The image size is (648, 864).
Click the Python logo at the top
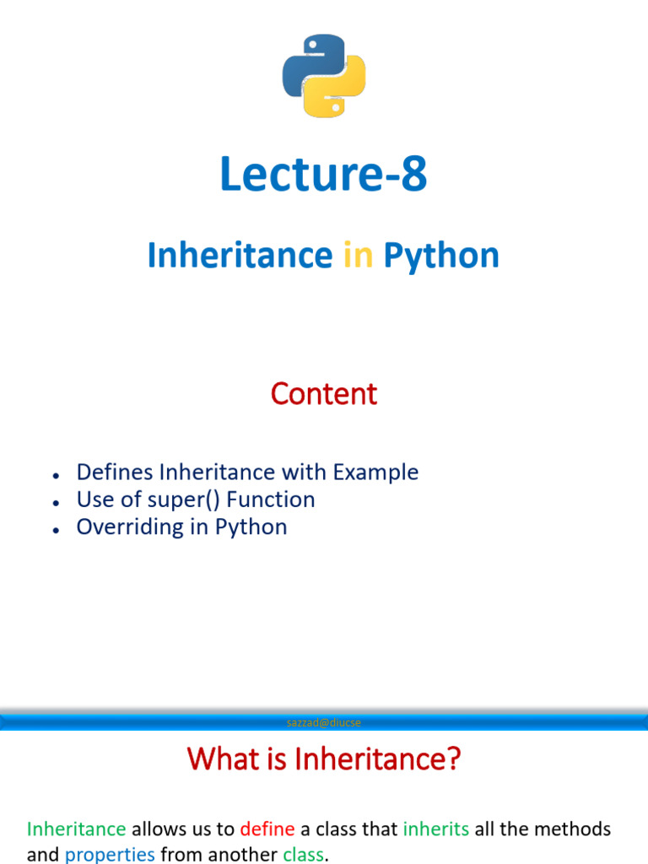(x=324, y=76)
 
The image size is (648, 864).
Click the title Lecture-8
(x=324, y=175)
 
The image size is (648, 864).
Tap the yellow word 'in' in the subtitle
(x=358, y=255)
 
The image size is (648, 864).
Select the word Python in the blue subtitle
(x=441, y=255)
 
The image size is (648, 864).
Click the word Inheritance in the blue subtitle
(x=240, y=255)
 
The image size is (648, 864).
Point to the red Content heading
(x=324, y=393)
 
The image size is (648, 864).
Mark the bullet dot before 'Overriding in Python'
(x=54, y=529)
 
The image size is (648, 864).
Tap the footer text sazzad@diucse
(x=324, y=722)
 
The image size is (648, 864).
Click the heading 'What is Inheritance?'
(x=324, y=760)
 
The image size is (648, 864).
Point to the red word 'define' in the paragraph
(x=267, y=829)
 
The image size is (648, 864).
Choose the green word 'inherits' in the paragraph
(x=436, y=829)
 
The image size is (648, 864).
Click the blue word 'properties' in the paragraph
(x=110, y=854)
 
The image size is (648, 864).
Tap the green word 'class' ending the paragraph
(x=303, y=854)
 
